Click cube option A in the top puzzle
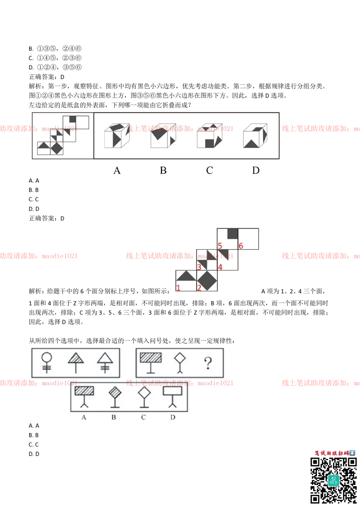point(117,136)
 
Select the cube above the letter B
point(163,136)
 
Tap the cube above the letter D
point(255,136)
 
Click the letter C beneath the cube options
point(210,170)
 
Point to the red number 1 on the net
point(178,287)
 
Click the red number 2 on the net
point(199,287)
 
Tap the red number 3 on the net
point(199,267)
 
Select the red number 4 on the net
point(220,267)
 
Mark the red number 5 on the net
point(220,246)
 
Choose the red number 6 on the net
point(241,246)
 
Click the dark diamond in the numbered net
point(207,280)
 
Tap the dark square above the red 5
point(233,234)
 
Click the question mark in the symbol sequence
point(207,362)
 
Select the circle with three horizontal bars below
point(46,362)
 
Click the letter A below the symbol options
point(84,418)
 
